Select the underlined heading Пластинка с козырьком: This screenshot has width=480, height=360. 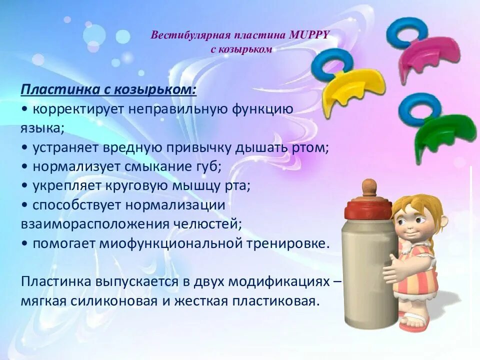tap(108, 90)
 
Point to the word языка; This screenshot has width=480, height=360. tap(42, 128)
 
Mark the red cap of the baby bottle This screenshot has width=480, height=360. tap(368, 206)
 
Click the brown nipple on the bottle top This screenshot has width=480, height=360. tap(368, 188)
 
